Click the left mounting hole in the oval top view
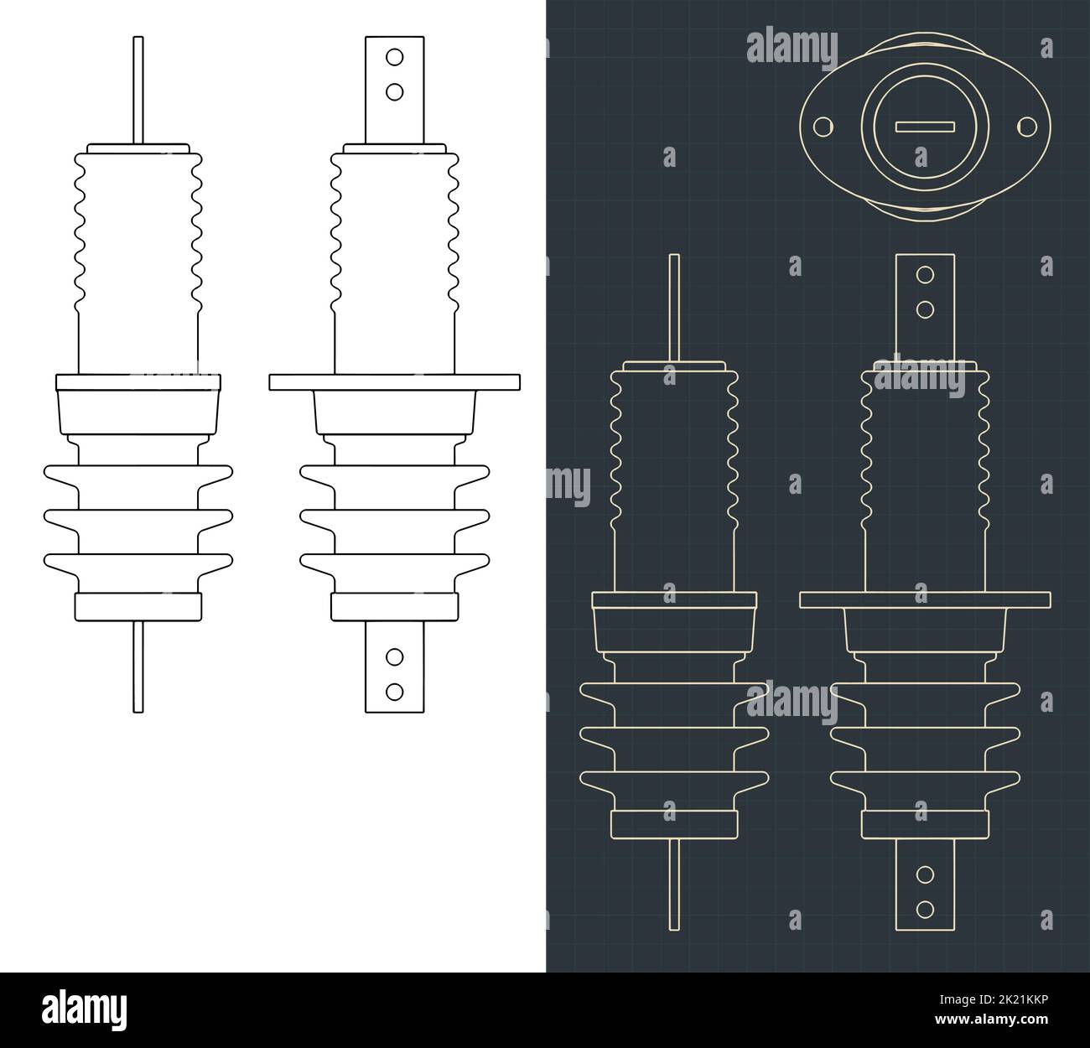click(824, 127)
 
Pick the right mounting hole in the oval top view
click(1026, 127)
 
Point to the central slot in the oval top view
click(925, 127)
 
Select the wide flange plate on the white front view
click(395, 382)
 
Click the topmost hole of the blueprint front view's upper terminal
click(925, 275)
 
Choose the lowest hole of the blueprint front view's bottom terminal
click(925, 908)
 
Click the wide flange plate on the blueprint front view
click(925, 599)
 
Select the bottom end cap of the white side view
click(138, 606)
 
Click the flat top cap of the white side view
click(138, 148)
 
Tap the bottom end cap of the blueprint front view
click(925, 825)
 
